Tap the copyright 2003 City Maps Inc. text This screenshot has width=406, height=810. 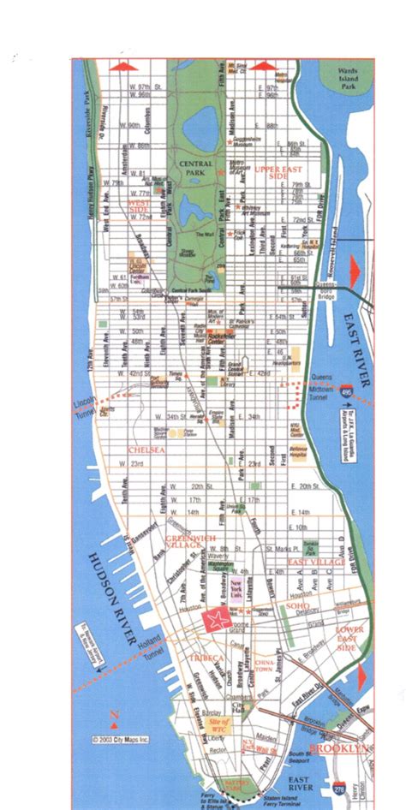(x=123, y=738)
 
